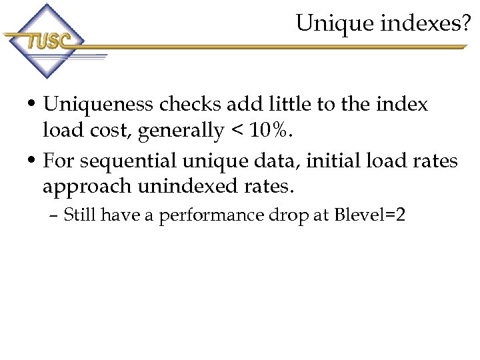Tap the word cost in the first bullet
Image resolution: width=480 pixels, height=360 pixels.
[x=108, y=131]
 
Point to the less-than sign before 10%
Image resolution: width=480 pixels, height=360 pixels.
[x=237, y=131]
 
